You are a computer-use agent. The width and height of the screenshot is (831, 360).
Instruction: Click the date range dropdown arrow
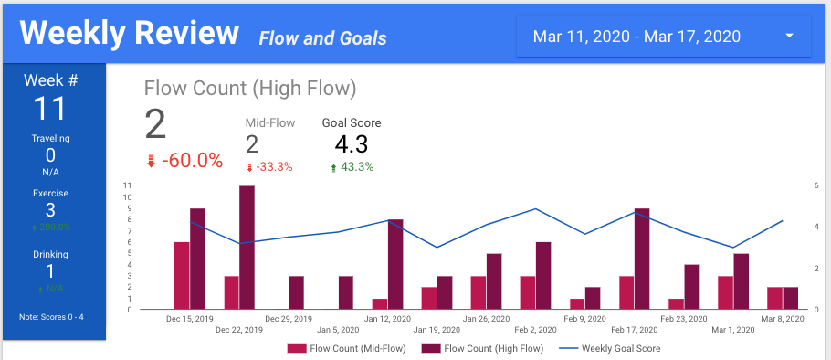[x=788, y=37]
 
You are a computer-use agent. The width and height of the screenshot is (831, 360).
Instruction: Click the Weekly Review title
[x=129, y=34]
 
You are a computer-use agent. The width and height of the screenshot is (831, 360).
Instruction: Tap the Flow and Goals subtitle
[x=322, y=38]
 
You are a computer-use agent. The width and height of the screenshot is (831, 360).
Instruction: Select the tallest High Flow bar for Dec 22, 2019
[x=247, y=247]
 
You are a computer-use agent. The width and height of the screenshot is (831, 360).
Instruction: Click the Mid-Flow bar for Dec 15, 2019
[x=182, y=275]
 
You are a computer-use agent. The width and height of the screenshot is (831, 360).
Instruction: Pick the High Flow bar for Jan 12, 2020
[x=395, y=264]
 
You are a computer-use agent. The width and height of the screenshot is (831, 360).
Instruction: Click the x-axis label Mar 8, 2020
[x=784, y=319]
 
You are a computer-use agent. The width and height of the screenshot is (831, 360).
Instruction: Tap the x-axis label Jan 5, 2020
[x=339, y=329]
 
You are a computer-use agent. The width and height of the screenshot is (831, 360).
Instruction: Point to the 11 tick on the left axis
[x=127, y=185]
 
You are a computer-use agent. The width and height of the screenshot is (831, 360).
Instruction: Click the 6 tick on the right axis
[x=815, y=185]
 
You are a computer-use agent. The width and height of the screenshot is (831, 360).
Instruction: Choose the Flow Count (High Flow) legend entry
[x=483, y=348]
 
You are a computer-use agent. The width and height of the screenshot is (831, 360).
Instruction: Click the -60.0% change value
[x=192, y=161]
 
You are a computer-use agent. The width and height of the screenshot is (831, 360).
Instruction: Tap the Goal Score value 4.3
[x=352, y=144]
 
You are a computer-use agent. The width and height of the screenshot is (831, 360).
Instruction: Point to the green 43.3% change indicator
[x=352, y=167]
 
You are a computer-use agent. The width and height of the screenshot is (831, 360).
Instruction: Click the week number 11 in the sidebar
[x=50, y=109]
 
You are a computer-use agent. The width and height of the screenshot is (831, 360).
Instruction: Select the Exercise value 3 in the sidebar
[x=50, y=209]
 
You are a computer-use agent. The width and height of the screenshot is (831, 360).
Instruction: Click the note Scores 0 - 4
[x=50, y=317]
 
